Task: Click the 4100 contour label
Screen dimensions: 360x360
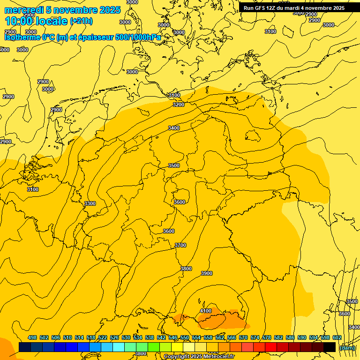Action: coord(206,311)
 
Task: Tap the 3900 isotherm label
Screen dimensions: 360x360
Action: coord(206,273)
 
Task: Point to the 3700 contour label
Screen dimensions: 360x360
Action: coord(180,245)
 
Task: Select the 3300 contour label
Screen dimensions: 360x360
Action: coord(90,203)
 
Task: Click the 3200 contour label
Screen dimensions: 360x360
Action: coord(179,105)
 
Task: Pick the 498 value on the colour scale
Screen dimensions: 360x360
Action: coord(32,337)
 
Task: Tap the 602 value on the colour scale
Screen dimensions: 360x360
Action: coord(337,337)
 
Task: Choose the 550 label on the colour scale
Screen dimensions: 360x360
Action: coord(185,337)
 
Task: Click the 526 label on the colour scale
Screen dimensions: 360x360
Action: coord(114,337)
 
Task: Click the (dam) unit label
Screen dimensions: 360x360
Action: coord(347,348)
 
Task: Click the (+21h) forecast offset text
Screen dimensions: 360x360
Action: coord(81,21)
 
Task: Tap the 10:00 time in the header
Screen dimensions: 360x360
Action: coord(18,21)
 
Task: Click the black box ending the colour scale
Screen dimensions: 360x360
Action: coord(330,347)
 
